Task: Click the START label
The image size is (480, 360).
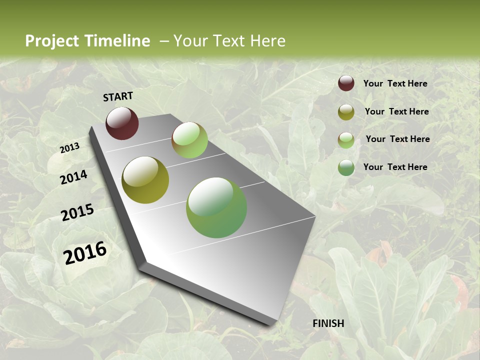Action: click(x=118, y=96)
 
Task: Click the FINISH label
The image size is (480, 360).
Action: click(x=328, y=323)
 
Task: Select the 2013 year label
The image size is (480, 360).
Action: click(x=69, y=148)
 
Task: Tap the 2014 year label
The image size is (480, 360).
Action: click(x=73, y=177)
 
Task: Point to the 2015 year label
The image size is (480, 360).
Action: click(x=77, y=212)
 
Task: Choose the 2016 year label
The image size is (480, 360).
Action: click(x=85, y=252)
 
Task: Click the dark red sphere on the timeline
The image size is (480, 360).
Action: click(x=122, y=123)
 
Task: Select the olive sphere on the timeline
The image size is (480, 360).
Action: click(x=145, y=180)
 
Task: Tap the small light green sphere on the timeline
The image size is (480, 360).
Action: click(x=189, y=140)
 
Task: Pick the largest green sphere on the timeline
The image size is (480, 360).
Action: click(x=216, y=207)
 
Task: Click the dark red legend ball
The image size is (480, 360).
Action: click(x=346, y=83)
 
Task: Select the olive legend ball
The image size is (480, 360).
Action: click(x=346, y=112)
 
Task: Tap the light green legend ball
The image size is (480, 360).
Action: click(x=346, y=140)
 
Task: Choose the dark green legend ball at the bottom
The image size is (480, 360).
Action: click(x=346, y=167)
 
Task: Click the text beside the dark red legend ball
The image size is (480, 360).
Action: click(x=395, y=83)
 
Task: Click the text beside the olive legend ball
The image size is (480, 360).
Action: click(x=396, y=111)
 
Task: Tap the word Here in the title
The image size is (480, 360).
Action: click(x=267, y=41)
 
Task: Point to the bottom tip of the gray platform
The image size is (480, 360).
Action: click(x=270, y=324)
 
